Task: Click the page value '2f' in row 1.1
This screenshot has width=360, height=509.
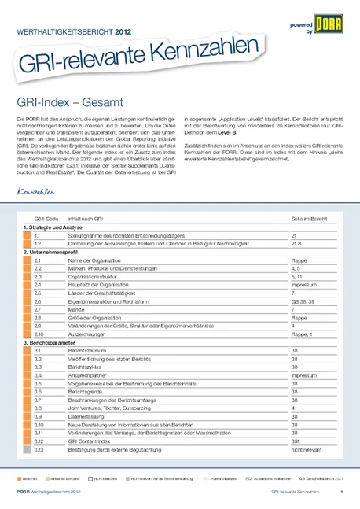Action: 293,234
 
